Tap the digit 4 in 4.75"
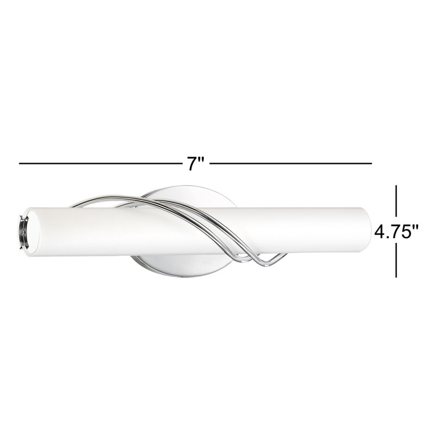pos(380,233)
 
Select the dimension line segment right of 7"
pos(291,163)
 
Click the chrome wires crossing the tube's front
pos(217,228)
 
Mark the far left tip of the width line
pos(20,163)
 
